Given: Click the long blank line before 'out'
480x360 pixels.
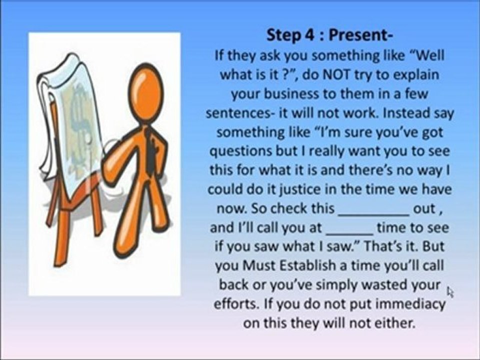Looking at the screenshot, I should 374,209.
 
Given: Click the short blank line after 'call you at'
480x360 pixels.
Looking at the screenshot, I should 349,228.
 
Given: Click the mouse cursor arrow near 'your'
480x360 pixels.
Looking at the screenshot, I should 449,291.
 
